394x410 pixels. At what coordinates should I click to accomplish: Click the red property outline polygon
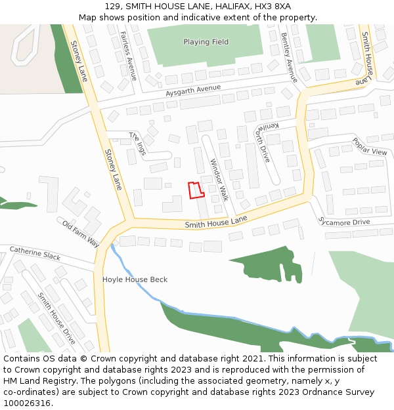(196, 190)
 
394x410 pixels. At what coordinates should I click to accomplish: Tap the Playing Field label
(206, 42)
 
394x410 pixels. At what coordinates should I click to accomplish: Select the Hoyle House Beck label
(135, 279)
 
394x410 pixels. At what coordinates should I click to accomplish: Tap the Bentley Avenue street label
(289, 58)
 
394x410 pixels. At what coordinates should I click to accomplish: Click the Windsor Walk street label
(219, 179)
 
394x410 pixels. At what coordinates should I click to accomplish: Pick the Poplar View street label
(370, 146)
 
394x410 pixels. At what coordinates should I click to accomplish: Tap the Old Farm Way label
(81, 234)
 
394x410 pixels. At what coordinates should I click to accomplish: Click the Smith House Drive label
(56, 319)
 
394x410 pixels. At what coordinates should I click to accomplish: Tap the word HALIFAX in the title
(219, 6)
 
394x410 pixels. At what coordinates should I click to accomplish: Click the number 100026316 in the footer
(27, 403)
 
